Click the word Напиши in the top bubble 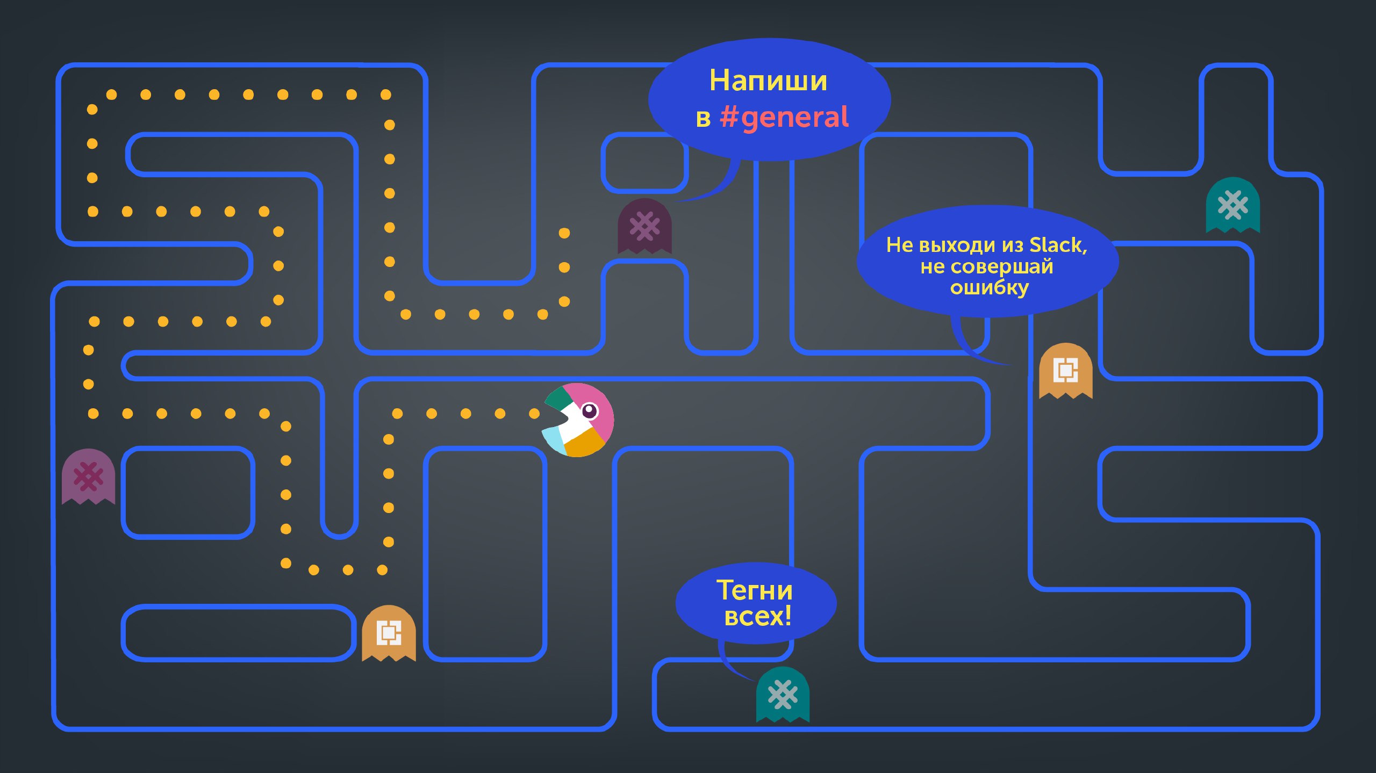pyautogui.click(x=768, y=81)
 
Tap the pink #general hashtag pyautogui.click(x=784, y=118)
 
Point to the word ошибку pyautogui.click(x=989, y=288)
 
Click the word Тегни pyautogui.click(x=754, y=590)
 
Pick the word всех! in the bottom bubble pyautogui.click(x=757, y=616)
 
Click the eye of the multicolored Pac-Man pyautogui.click(x=590, y=411)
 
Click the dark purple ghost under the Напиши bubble pyautogui.click(x=644, y=226)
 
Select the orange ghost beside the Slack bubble pyautogui.click(x=1065, y=371)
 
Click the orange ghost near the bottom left pyautogui.click(x=389, y=633)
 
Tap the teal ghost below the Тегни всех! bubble pyautogui.click(x=783, y=695)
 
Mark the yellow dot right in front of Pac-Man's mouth pyautogui.click(x=534, y=414)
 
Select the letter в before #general pyautogui.click(x=703, y=119)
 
